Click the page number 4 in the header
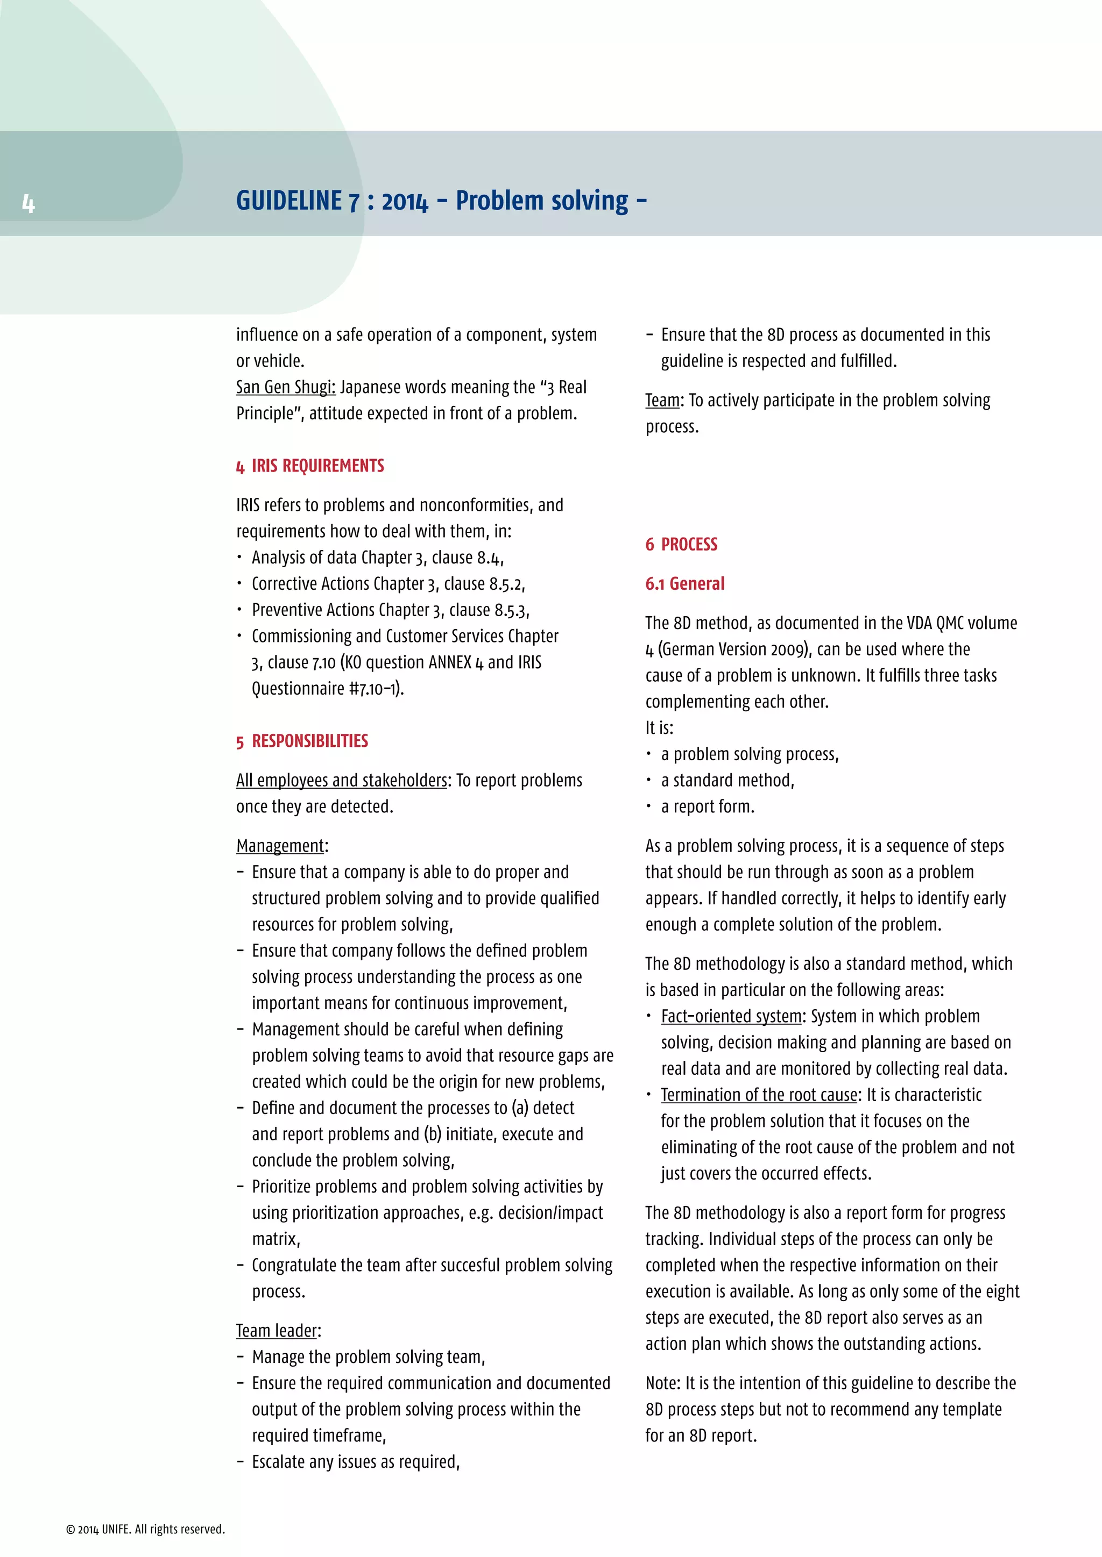coord(28,203)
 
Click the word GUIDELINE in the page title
coord(289,202)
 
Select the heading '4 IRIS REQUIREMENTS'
coord(310,466)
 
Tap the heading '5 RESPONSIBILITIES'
coord(302,741)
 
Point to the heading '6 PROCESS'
coord(681,545)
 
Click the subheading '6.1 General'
coord(684,584)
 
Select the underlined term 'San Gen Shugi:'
coord(286,387)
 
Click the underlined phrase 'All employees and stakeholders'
coord(342,781)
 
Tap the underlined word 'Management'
coord(280,846)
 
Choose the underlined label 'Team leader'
coord(277,1331)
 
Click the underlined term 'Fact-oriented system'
coord(731,1017)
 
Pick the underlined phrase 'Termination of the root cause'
coord(759,1095)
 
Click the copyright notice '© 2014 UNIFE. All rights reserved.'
coord(145,1529)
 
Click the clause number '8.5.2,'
coord(507,584)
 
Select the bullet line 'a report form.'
coord(708,807)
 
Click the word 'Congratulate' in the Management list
coord(293,1266)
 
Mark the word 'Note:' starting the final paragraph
coord(663,1383)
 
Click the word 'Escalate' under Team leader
coord(278,1462)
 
